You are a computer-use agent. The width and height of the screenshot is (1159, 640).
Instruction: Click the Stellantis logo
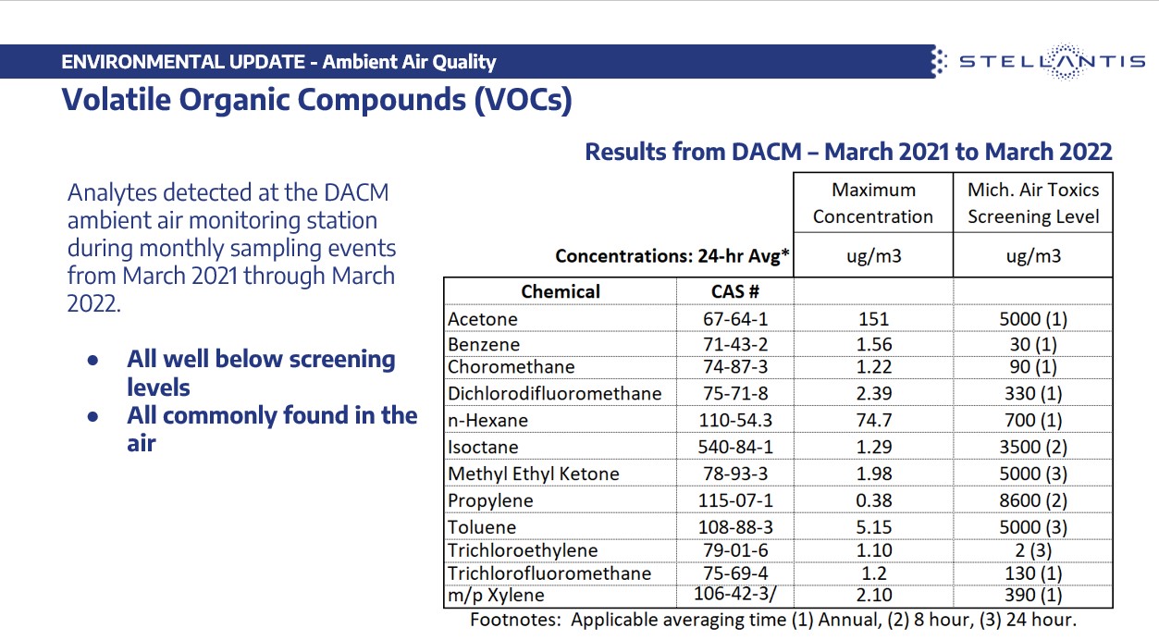tap(1040, 62)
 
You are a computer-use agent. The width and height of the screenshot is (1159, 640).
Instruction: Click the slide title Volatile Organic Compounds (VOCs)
tap(316, 99)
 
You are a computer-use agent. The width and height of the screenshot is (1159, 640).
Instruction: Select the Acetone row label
tap(483, 319)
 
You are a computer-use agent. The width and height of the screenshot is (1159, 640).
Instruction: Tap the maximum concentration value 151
tap(873, 319)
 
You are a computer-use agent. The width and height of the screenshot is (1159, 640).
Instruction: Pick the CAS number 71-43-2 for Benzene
tap(734, 345)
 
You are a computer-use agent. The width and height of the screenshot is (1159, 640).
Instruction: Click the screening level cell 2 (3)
tap(1032, 551)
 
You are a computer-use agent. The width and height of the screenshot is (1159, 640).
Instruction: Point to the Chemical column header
tap(561, 291)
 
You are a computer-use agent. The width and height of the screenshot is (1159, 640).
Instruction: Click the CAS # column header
tap(734, 291)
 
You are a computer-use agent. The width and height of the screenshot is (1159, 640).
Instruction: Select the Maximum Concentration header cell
tap(873, 203)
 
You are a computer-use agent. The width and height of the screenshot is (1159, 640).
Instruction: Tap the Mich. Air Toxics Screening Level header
tap(1032, 203)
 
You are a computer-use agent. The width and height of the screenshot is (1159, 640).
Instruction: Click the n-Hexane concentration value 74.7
tap(873, 421)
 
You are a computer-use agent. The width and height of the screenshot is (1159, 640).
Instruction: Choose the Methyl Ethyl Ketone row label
tap(534, 474)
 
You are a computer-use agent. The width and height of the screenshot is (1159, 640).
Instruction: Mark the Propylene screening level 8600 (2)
tap(1032, 501)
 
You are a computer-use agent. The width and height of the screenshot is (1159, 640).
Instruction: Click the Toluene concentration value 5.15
tap(873, 528)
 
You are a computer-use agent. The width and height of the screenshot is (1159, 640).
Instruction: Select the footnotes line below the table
tap(772, 621)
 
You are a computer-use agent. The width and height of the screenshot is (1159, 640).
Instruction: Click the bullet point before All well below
tap(92, 361)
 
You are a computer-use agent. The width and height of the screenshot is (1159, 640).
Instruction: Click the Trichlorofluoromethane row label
tap(549, 573)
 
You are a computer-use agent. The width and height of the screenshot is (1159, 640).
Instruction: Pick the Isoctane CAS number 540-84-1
tap(734, 448)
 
